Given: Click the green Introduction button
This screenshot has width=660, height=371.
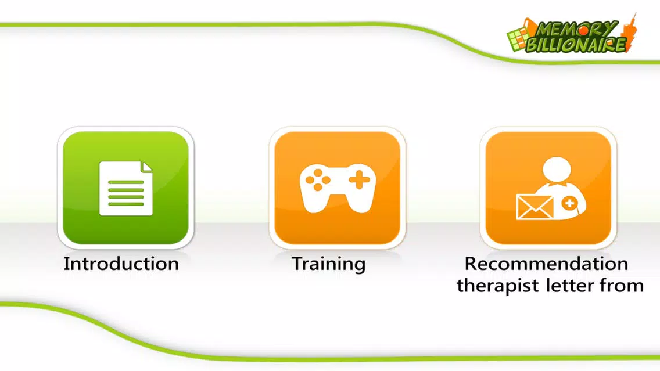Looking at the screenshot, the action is click(x=126, y=188).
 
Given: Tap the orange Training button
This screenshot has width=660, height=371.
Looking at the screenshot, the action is click(x=337, y=188).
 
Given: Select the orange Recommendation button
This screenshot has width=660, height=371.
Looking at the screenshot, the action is click(x=548, y=188).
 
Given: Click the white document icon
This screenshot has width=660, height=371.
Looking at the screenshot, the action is click(x=126, y=189).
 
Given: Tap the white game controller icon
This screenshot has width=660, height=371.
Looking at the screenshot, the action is click(x=337, y=188).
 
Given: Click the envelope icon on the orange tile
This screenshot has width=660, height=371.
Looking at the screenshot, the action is click(x=535, y=207).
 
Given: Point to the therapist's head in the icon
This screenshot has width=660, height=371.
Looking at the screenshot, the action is click(x=557, y=169).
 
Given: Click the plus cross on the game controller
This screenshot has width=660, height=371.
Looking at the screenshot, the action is click(x=359, y=180).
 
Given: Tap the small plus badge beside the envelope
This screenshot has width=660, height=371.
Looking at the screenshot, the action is click(x=569, y=204).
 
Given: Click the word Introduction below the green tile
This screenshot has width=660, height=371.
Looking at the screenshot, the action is click(x=121, y=264).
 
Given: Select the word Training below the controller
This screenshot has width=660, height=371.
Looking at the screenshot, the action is click(x=329, y=265).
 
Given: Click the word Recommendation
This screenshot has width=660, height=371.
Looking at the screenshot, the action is click(x=546, y=264).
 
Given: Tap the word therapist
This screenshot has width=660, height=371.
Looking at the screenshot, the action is click(x=498, y=286).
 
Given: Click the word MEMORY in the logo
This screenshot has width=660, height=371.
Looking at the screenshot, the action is click(x=576, y=30).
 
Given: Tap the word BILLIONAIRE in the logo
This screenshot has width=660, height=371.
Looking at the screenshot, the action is click(x=576, y=45).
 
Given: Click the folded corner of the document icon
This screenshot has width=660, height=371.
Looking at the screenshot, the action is click(x=148, y=167).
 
